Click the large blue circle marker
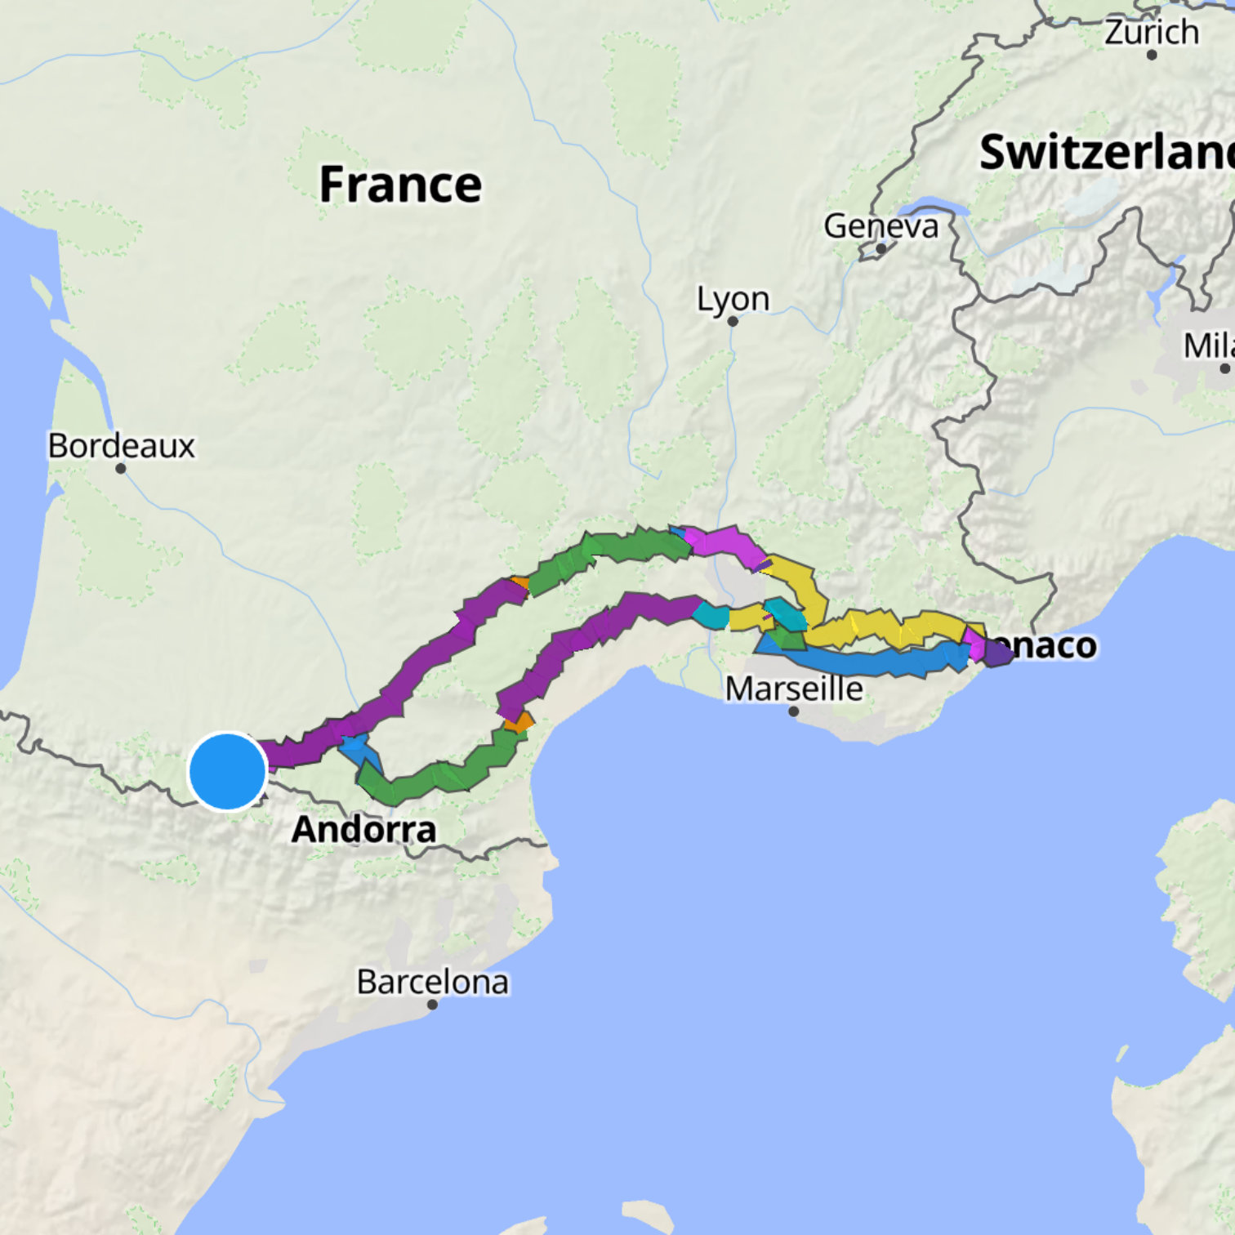click(x=228, y=771)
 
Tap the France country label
click(x=400, y=185)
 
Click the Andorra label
click(x=364, y=830)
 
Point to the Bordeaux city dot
click(x=121, y=469)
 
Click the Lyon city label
click(x=733, y=299)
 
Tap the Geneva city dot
click(x=881, y=248)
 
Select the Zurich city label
click(x=1152, y=33)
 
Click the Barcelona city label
click(x=432, y=982)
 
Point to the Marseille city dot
click(x=793, y=711)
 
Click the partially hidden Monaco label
click(x=1054, y=645)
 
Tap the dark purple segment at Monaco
click(x=997, y=653)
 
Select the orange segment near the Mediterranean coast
click(x=519, y=722)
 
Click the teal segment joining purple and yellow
click(x=711, y=615)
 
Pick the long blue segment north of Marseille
click(x=866, y=661)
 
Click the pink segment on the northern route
click(x=723, y=543)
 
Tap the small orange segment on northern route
click(x=519, y=582)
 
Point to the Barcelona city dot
click(x=432, y=1005)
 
